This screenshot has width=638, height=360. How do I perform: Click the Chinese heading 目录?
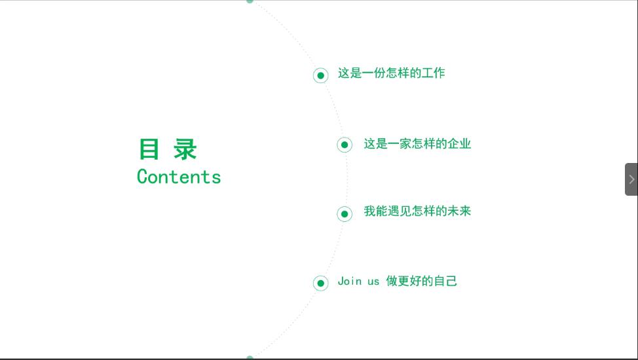pos(168,149)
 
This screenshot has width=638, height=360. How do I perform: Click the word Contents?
pos(179,177)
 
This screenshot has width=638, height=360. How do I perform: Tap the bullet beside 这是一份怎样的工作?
pos(320,75)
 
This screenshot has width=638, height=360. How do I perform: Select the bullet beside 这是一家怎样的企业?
pos(345,145)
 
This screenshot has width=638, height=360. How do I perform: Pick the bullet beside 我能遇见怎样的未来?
pos(345,214)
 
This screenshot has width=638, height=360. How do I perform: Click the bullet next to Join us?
pos(320,283)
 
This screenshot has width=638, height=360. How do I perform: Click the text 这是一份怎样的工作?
pos(392,73)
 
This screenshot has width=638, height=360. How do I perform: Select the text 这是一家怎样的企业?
pos(417,143)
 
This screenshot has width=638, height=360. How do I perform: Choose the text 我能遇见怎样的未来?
pos(417,211)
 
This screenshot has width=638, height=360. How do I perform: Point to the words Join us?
pos(358,281)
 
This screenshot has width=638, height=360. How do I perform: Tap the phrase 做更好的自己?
pos(422,281)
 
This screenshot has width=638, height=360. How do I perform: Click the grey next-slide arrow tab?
pos(631,179)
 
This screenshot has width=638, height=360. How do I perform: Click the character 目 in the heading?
pos(149,149)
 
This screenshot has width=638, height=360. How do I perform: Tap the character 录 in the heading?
pos(185,149)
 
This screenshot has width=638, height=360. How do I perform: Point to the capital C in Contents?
pos(142,177)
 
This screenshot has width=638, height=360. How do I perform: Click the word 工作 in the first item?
pos(434,73)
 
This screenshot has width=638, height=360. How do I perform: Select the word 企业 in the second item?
pos(459,143)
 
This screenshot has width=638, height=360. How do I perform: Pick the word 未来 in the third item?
pos(459,211)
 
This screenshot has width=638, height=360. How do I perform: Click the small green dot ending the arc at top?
pos(250,1)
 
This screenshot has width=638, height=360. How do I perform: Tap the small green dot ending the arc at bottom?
pos(250,357)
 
